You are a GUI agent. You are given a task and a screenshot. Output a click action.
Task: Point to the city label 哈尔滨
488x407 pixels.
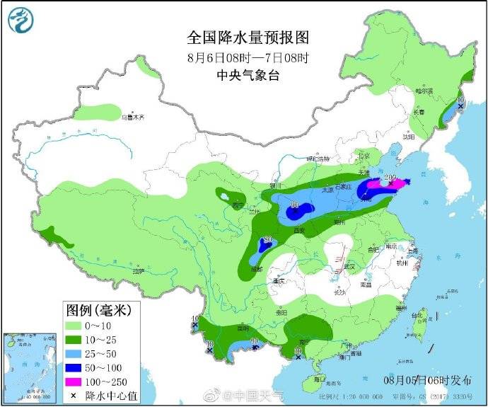click(x=424, y=91)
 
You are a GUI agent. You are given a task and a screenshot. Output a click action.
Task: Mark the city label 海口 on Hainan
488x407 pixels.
click(x=320, y=379)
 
